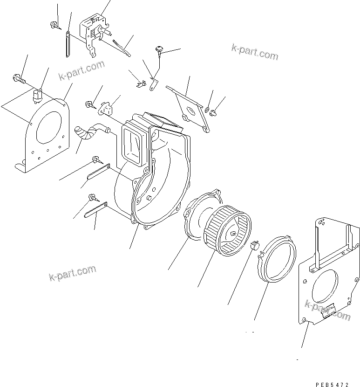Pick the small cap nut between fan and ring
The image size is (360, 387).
254,246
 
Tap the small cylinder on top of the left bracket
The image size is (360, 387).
38,96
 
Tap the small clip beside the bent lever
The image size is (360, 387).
139,84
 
